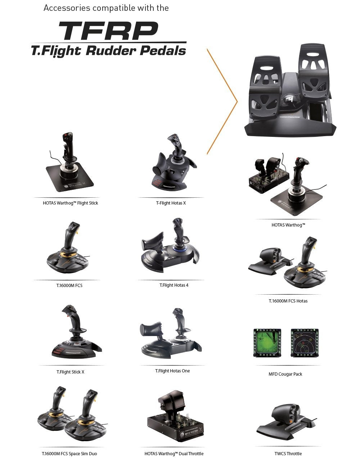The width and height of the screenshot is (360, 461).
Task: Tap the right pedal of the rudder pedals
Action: point(315,72)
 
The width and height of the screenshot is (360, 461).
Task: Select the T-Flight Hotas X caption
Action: point(171,203)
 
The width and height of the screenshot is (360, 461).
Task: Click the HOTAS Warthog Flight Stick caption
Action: point(70,203)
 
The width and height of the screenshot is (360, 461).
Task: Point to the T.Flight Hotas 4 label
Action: point(174,285)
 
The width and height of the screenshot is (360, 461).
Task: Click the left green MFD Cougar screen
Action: point(267,343)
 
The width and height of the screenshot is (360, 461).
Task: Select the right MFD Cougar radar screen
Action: point(304,343)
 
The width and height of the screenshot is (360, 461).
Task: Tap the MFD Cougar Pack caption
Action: point(285,374)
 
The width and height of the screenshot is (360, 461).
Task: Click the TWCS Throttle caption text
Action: point(288,454)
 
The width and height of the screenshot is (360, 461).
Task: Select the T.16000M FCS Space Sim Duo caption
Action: point(69,454)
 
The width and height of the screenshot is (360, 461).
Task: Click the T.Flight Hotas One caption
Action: point(172,371)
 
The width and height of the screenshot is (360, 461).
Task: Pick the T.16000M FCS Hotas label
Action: point(288,301)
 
